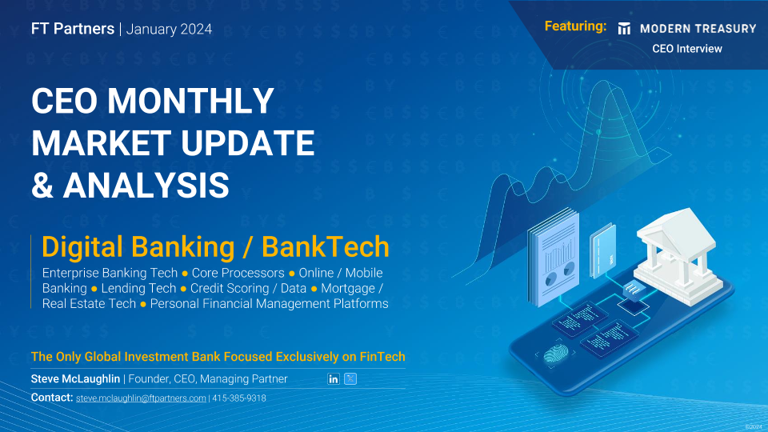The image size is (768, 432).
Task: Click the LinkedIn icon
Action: pos(333,378)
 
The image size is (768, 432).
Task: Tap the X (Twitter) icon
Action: pos(350,378)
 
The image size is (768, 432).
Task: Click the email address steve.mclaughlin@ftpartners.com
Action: pos(141,398)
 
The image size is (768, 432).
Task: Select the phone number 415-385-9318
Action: pos(239,398)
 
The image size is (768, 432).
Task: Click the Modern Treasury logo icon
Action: pos(624,29)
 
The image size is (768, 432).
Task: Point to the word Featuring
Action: pos(575,26)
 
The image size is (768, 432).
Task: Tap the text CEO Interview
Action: pos(686,49)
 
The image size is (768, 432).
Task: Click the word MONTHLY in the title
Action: pos(190,101)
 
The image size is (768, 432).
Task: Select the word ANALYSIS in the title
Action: pos(146,185)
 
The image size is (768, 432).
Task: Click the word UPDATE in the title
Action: pos(247,143)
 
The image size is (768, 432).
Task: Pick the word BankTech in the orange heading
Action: pos(326,246)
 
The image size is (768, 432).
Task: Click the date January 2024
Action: pos(169,30)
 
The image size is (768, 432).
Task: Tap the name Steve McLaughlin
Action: pos(75,378)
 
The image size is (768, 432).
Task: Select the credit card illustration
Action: pos(602,250)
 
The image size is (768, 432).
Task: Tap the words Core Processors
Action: pos(238,273)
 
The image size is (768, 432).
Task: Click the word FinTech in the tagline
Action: pos(382,357)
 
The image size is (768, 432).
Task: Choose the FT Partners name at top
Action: pos(73,29)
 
